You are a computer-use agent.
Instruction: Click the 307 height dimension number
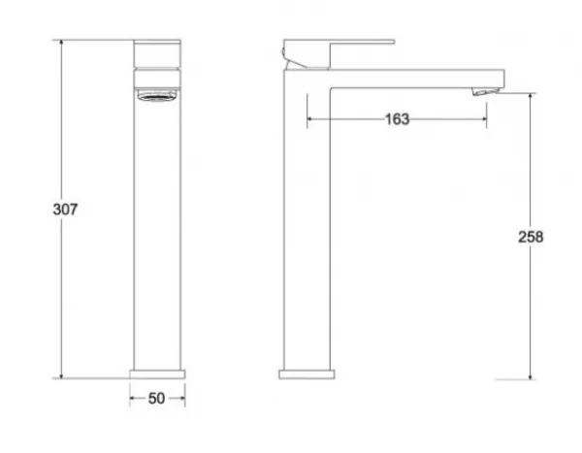[65, 210]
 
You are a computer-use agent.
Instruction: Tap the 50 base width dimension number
[156, 399]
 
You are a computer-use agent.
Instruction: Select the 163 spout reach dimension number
[397, 119]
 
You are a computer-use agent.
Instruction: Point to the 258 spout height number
[531, 237]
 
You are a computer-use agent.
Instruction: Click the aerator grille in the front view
[157, 95]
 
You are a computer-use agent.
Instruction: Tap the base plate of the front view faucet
[157, 374]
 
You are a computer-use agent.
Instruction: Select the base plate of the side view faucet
[307, 374]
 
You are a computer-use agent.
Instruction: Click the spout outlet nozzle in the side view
[486, 91]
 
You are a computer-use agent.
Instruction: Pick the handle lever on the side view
[339, 54]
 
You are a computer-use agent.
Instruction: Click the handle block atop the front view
[157, 54]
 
